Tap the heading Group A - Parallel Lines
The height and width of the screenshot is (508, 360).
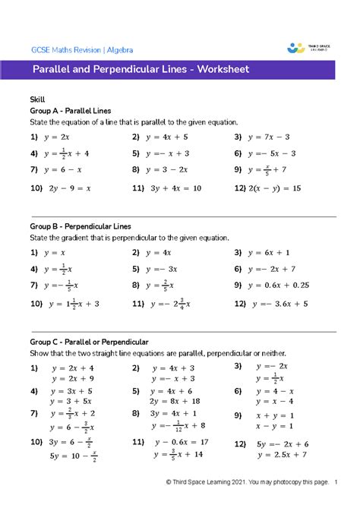coord(71,110)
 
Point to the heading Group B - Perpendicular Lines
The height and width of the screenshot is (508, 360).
coord(81,226)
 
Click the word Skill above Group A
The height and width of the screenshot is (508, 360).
coord(37,99)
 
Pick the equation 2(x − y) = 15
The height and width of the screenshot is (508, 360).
coord(279,187)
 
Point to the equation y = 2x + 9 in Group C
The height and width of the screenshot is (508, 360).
coord(72,379)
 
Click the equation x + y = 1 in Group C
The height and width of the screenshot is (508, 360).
coord(276,415)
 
